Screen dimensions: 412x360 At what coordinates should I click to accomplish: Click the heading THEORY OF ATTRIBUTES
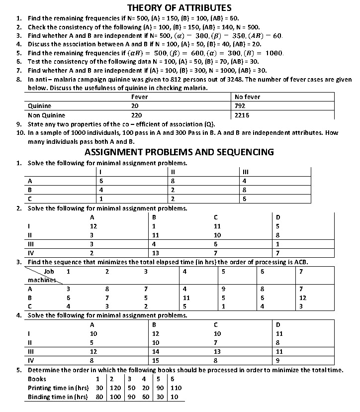point(180,7)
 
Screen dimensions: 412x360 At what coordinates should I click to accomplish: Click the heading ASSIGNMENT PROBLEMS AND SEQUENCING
point(179,152)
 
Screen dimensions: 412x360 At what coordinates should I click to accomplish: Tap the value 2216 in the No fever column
point(242,115)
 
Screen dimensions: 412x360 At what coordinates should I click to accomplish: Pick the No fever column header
point(247,97)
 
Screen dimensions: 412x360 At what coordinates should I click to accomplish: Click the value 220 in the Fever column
point(136,115)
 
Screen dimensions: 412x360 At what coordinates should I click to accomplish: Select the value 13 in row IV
point(155,253)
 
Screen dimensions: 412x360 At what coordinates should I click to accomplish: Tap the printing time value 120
point(115,388)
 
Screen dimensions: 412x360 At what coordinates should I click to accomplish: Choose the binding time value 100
point(115,397)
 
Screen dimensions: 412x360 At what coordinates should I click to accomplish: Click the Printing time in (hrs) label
point(58,388)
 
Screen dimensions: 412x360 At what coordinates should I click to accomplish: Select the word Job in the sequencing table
point(49,272)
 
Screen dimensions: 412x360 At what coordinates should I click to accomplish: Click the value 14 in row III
point(155,351)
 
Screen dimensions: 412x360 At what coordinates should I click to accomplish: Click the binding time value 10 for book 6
point(174,397)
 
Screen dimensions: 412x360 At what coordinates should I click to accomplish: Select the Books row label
point(37,379)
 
